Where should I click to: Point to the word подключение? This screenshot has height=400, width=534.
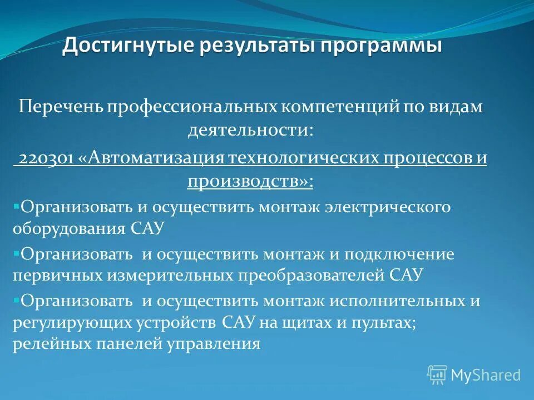(x=399, y=254)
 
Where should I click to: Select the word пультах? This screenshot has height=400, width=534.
(x=383, y=322)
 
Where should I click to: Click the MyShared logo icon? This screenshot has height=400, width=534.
(x=437, y=374)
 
